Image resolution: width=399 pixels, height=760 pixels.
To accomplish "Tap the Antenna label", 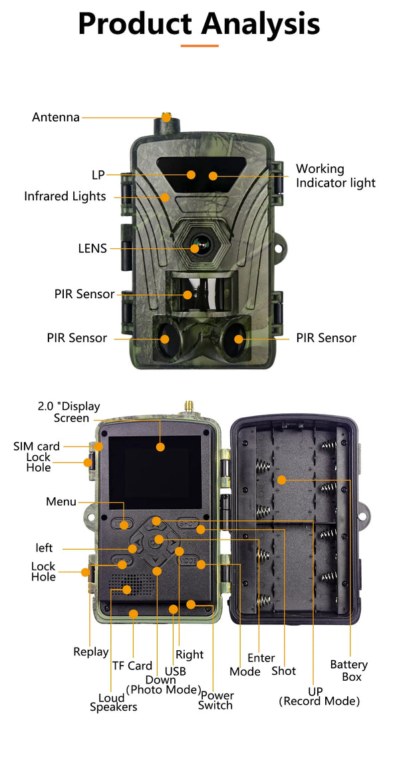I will coord(56,117).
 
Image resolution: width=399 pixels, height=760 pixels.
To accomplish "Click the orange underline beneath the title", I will coord(199,45).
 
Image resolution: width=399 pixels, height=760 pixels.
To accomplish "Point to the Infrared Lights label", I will coord(65,196).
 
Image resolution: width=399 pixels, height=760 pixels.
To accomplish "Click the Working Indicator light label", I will coord(335,176).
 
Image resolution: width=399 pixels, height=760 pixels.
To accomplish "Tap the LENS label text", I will coord(92,248).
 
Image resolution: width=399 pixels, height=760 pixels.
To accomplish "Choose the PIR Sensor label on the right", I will coord(326,338).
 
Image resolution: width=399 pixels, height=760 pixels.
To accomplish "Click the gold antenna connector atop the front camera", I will coord(166,117).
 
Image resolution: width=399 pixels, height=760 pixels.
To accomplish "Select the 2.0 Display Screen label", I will coord(63,413).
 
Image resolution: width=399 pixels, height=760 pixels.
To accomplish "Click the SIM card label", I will coord(37,446).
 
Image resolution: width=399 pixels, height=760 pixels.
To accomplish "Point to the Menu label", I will coord(61,502).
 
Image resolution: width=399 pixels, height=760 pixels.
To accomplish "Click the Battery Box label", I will coord(348,670).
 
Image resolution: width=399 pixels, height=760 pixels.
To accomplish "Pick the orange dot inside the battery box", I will coord(281,480).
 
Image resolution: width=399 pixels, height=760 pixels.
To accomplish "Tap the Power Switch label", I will coord(215,700).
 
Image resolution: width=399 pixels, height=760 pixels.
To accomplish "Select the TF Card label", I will coord(132,665).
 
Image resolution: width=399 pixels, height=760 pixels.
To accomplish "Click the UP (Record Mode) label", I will coord(319,696).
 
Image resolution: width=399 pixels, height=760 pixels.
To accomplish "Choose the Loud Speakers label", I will coord(113,702).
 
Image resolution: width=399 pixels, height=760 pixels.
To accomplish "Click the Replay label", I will coord(90,652).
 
